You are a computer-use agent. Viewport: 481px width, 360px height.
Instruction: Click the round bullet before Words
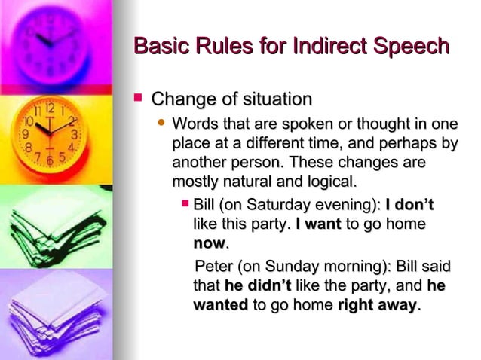(x=160, y=123)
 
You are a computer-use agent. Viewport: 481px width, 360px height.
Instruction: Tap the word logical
(x=326, y=182)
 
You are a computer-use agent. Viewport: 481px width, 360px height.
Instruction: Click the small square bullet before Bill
(x=185, y=204)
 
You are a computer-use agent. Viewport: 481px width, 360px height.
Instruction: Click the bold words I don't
(x=409, y=205)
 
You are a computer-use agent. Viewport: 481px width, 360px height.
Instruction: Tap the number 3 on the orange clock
(x=75, y=134)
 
